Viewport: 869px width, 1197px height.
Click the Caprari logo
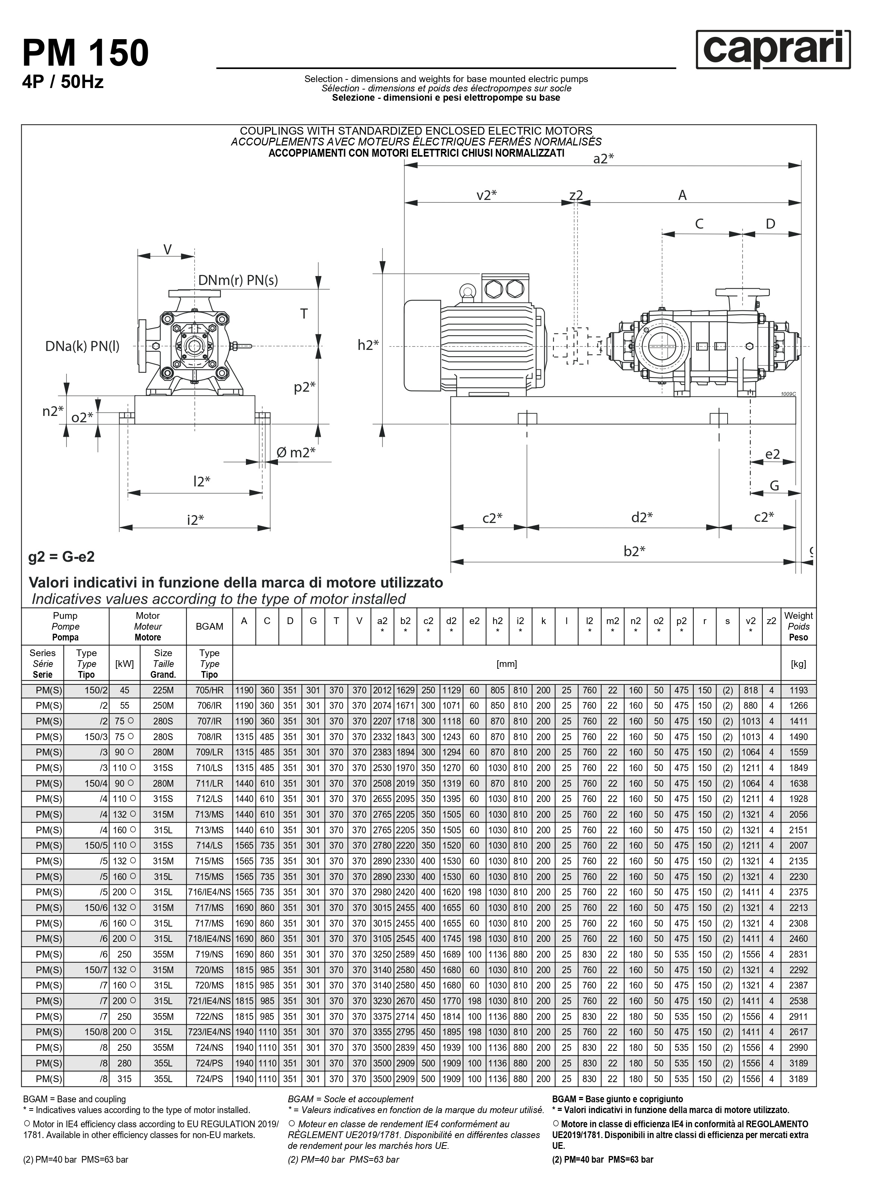pos(772,50)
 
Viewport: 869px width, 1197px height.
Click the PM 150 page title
pos(85,53)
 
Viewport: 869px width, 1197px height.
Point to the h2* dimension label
pos(368,345)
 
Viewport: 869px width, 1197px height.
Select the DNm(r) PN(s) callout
pos(238,280)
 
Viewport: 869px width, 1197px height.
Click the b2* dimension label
pos(634,551)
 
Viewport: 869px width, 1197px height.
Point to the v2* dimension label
pos(486,195)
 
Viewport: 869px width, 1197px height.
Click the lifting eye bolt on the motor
pos(467,291)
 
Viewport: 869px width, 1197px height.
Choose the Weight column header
pos(798,626)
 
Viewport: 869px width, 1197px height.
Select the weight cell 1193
pos(798,690)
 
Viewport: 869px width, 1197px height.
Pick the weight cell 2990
pos(798,1048)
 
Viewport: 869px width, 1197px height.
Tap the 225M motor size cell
pos(163,690)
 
